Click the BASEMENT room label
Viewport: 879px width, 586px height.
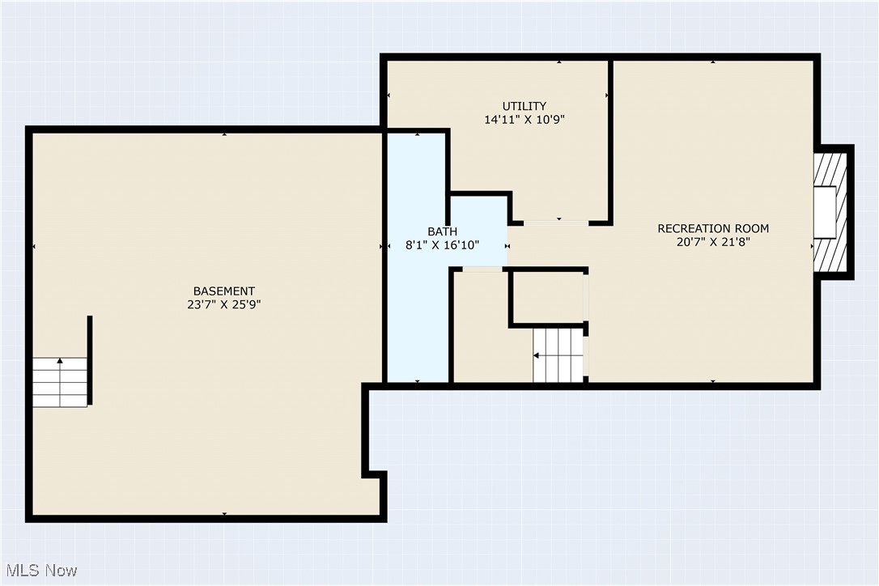click(223, 291)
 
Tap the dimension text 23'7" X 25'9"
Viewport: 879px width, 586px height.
click(223, 305)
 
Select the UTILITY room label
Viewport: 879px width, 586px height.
click(524, 106)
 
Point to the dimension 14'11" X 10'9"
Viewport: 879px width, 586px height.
click(524, 120)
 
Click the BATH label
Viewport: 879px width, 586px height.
click(443, 231)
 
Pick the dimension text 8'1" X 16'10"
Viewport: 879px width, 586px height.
click(443, 245)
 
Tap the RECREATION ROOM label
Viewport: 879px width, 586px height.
click(712, 228)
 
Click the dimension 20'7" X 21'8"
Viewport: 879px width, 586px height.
click(712, 242)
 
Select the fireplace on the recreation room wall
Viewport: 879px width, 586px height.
click(830, 212)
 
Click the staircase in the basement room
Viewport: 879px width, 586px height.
click(60, 382)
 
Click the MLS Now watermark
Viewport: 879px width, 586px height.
click(40, 570)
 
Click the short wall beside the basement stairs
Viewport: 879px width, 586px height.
click(90, 359)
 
